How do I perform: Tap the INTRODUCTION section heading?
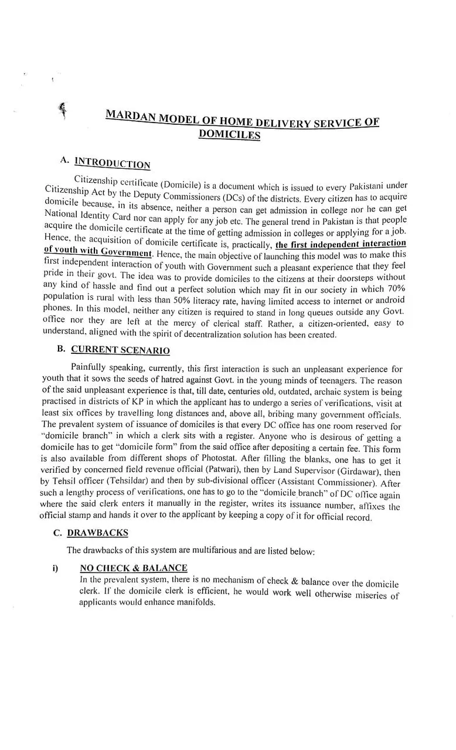tap(113, 163)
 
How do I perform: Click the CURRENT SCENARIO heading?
tap(120, 350)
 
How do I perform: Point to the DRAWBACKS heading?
tap(97, 533)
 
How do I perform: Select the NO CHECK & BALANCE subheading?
tap(134, 568)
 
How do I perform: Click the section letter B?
tap(60, 349)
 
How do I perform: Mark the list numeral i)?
tap(56, 568)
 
